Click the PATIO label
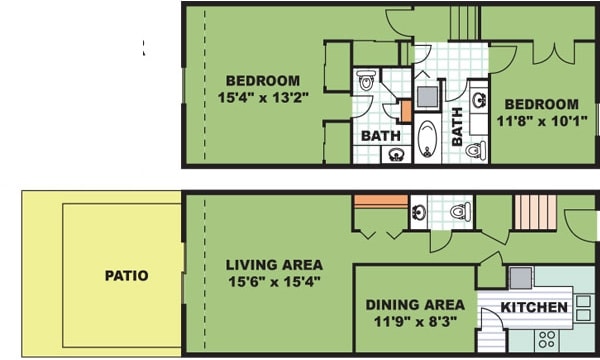coord(126,275)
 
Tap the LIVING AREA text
coord(273,265)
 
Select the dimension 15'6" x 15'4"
coord(273,283)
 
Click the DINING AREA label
coord(414,304)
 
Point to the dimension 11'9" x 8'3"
coord(414,322)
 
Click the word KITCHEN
coord(534,306)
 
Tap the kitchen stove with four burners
coord(548,337)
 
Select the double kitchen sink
coord(583,308)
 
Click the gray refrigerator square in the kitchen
coord(520,278)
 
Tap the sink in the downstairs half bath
coord(419,211)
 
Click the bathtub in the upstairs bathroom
coord(428,137)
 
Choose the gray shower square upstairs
coord(428,97)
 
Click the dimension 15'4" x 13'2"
coord(263,98)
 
